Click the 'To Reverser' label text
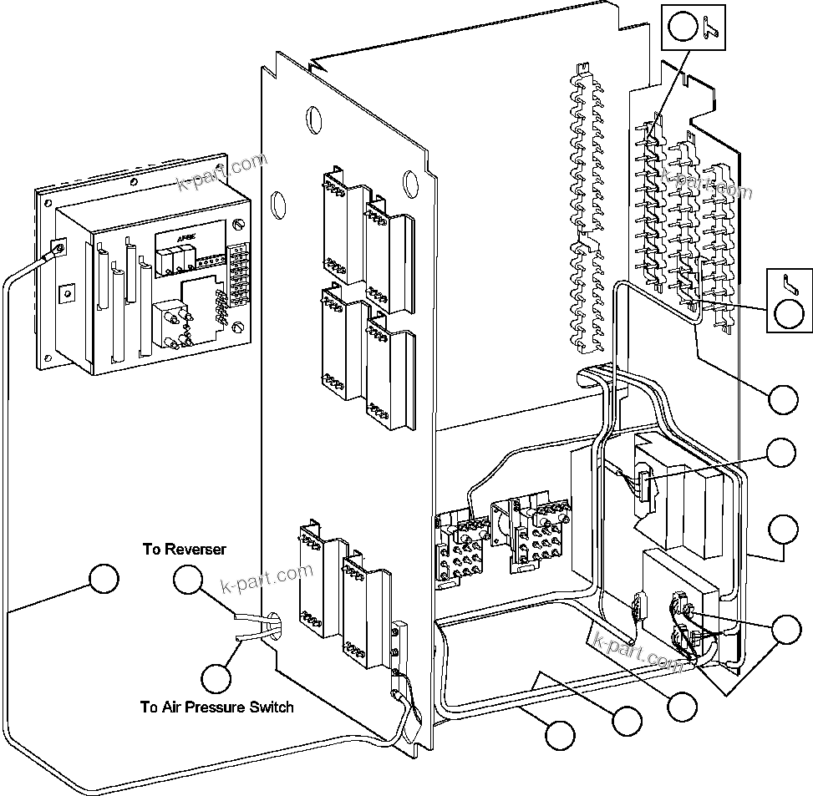tap(183, 549)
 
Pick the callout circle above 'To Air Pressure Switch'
tap(216, 676)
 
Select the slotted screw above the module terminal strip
tap(241, 225)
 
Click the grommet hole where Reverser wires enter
tap(273, 629)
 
